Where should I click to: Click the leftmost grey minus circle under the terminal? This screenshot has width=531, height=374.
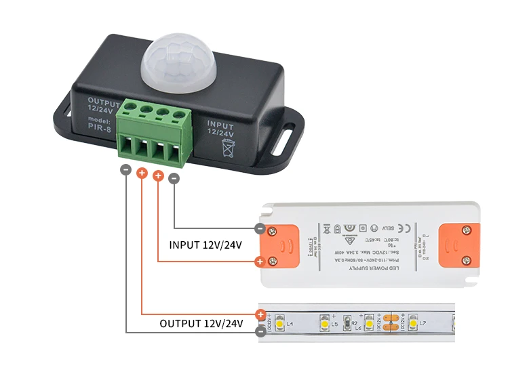[125, 171]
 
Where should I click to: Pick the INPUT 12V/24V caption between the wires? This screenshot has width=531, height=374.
[204, 245]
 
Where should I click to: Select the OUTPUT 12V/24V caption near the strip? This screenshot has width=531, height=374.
[201, 324]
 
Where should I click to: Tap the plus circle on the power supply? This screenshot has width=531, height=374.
[260, 262]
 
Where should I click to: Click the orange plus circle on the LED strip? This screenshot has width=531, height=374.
[261, 314]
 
